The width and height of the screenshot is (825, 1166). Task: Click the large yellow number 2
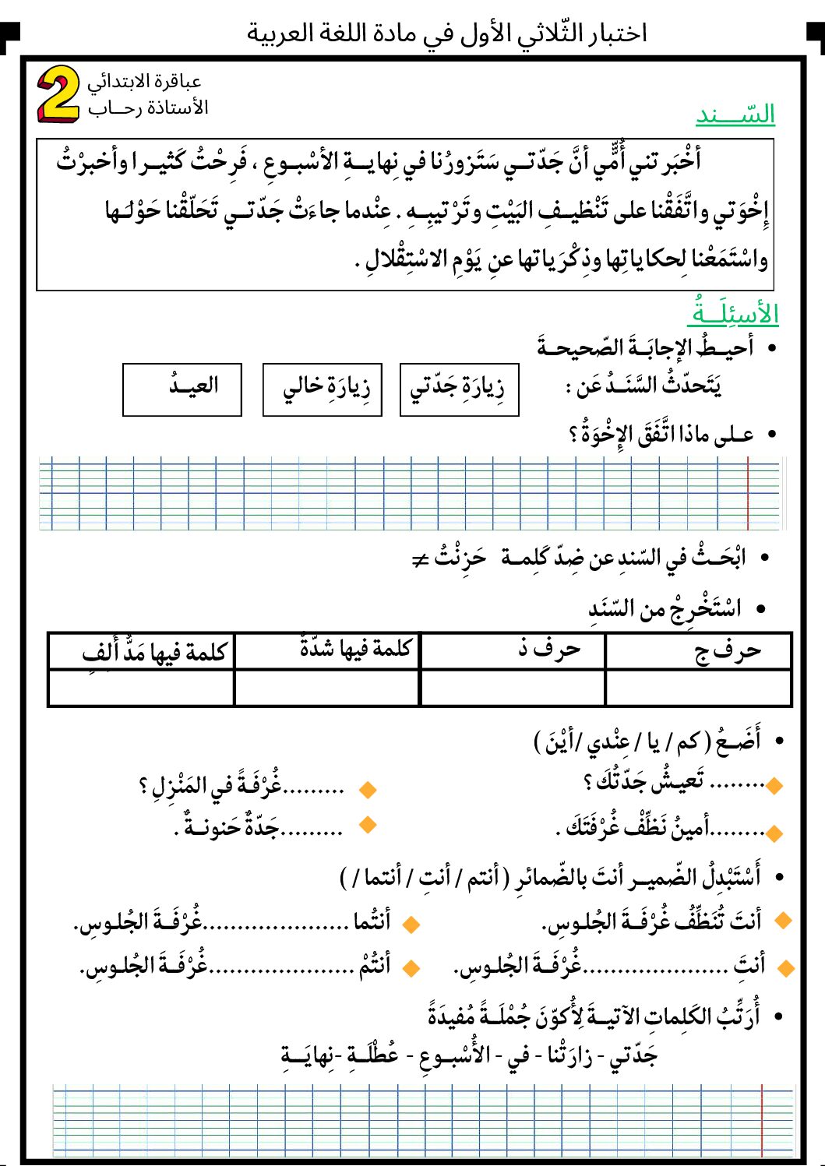click(58, 94)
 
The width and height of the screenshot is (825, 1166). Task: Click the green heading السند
click(735, 115)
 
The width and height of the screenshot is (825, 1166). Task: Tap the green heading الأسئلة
click(732, 313)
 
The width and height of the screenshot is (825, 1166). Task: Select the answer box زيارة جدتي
click(459, 389)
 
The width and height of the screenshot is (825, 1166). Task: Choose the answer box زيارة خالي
click(323, 389)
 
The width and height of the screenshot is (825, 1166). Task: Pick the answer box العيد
click(182, 389)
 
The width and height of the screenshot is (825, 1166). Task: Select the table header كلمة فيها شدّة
click(355, 649)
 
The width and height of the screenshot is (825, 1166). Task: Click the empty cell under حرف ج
click(698, 688)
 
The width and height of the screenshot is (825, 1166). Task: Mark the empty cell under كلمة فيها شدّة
click(327, 688)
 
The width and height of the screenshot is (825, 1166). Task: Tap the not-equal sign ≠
click(421, 559)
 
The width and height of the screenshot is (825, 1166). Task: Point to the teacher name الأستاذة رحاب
click(148, 107)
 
